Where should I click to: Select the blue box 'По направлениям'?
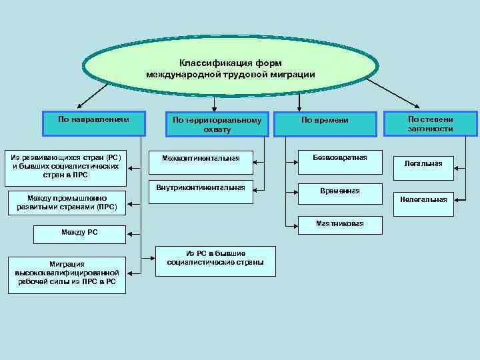click(x=93, y=121)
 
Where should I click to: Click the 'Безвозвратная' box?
click(x=339, y=160)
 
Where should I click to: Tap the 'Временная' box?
click(x=339, y=193)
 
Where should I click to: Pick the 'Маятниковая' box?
click(x=340, y=225)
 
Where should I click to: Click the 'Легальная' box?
click(x=423, y=164)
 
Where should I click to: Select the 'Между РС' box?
click(x=79, y=233)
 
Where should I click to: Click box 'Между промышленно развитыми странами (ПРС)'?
click(x=66, y=202)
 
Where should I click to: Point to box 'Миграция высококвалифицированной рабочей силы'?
click(x=67, y=273)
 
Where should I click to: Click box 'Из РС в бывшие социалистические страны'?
click(x=215, y=259)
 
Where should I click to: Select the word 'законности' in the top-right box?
click(x=431, y=129)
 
